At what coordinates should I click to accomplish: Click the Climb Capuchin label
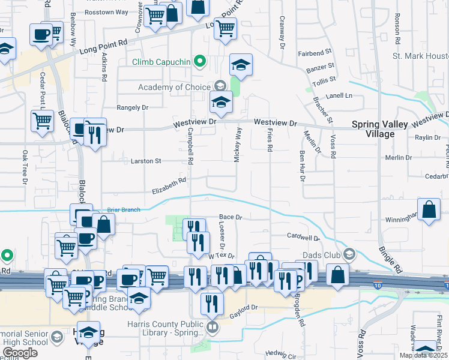point(161,61)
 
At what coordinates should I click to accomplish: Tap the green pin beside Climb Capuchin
point(202,61)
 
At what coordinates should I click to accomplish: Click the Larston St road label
point(146,161)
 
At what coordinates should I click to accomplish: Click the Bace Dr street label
point(230,217)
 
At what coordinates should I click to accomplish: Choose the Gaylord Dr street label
point(246,307)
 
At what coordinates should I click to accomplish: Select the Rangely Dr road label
point(132,107)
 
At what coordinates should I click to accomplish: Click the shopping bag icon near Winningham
point(430,210)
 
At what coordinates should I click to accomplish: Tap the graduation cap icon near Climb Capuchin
point(241,64)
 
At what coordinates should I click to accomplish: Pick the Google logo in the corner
point(20,353)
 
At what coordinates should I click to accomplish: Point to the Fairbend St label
point(315,53)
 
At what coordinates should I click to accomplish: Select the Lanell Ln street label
point(339,95)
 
